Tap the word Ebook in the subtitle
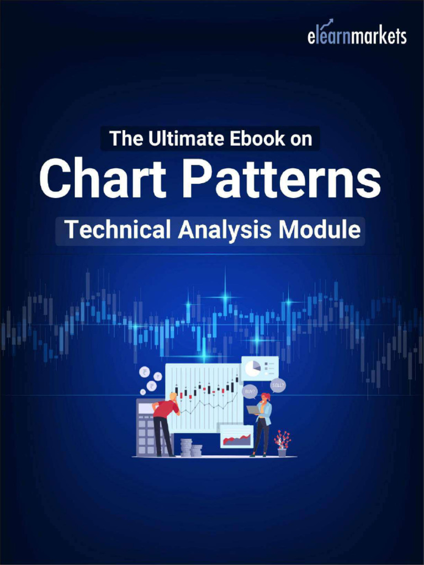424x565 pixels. click(x=248, y=138)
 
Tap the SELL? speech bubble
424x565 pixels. click(x=278, y=385)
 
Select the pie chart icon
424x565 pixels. click(x=253, y=367)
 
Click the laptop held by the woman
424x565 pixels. click(x=253, y=410)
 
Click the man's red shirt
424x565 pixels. click(x=166, y=409)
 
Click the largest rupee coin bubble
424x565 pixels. click(x=145, y=372)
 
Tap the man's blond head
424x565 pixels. click(x=173, y=396)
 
